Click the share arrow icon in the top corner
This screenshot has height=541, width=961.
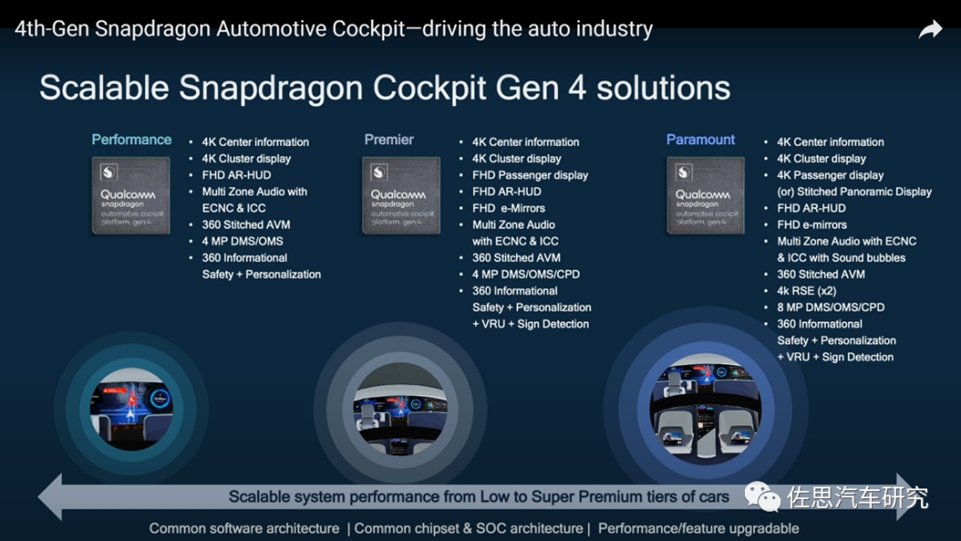[x=930, y=29]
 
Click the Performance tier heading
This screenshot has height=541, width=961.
[x=132, y=140]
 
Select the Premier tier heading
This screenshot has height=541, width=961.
[x=389, y=140]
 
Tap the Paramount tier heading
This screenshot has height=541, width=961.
[x=700, y=140]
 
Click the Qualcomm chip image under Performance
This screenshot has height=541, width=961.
[x=131, y=196]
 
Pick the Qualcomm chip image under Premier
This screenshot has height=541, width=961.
[x=400, y=196]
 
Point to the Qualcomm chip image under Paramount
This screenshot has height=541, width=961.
[x=706, y=196]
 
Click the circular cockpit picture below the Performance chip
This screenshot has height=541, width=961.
[x=131, y=409]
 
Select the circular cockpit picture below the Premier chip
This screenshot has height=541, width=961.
[x=400, y=408]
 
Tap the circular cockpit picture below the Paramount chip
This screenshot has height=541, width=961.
[x=706, y=408]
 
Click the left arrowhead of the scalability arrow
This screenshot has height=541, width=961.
[x=50, y=497]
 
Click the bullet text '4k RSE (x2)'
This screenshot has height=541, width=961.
[x=806, y=291]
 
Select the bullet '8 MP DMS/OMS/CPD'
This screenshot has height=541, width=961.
[x=830, y=308]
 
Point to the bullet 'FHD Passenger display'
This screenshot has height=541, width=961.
[x=530, y=175]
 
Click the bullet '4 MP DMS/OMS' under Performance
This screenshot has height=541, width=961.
[x=243, y=241]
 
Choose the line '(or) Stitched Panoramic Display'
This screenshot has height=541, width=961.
[x=854, y=192]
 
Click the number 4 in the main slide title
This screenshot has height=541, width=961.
[x=577, y=88]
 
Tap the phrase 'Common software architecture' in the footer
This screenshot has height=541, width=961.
[x=244, y=529]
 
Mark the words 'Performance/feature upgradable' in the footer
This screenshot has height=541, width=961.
[x=699, y=529]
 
